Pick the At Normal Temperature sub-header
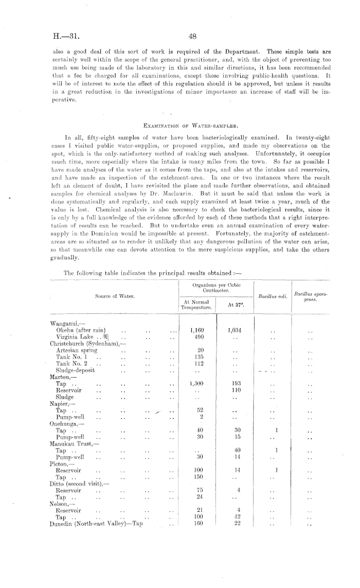tap(197, 305)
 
